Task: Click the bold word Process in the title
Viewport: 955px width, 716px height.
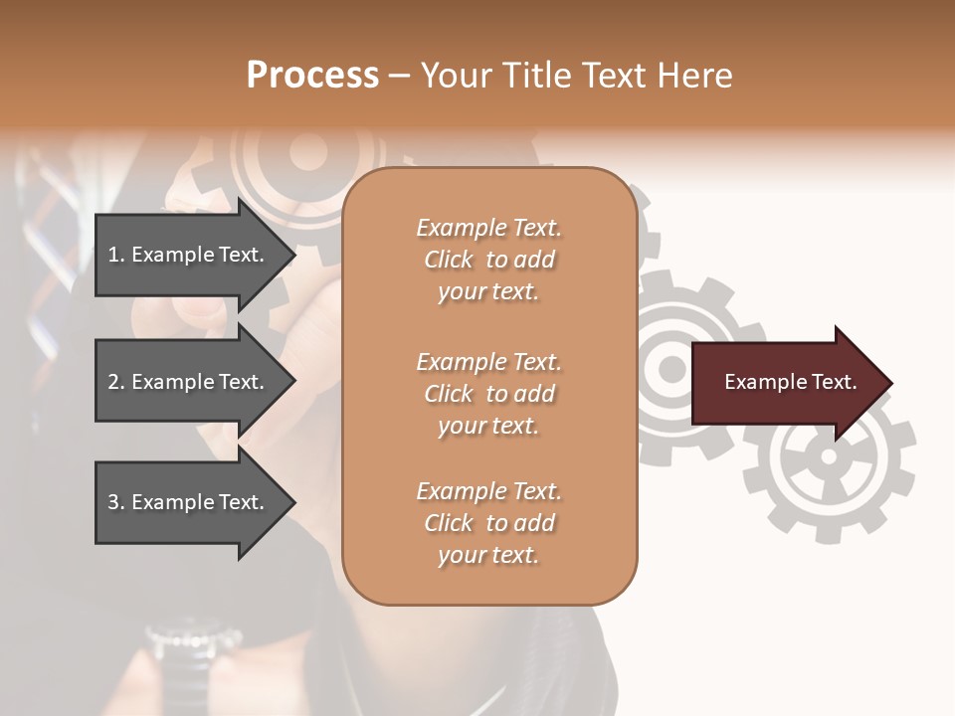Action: (x=312, y=76)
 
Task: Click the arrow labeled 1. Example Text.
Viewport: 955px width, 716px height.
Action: (x=189, y=255)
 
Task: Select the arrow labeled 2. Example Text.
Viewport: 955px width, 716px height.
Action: (x=189, y=382)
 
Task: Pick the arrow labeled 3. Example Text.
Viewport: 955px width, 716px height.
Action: (x=189, y=502)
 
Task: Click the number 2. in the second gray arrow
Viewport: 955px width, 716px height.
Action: (x=116, y=382)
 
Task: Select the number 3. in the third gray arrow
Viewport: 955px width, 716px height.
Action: (x=116, y=502)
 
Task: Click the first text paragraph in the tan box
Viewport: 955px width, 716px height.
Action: (x=488, y=260)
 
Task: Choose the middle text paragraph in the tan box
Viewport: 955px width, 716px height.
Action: (x=488, y=394)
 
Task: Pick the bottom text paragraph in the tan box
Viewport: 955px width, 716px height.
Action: (x=488, y=523)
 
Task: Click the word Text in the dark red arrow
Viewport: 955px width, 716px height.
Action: (x=834, y=382)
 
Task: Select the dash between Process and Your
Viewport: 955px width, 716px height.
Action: (x=400, y=77)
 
